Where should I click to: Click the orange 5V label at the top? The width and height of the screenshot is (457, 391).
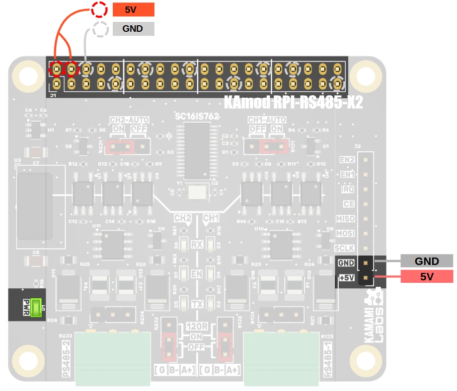pos(133,9)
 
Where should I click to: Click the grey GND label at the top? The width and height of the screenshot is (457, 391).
pos(133,29)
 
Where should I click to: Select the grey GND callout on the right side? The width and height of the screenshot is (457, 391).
pos(427,261)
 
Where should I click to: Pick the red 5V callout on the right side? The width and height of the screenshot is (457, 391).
pos(427,277)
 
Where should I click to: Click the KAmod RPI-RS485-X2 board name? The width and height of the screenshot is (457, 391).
pos(293,102)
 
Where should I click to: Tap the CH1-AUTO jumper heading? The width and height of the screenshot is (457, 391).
pos(267,120)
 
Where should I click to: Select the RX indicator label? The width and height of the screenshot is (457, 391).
pos(197,244)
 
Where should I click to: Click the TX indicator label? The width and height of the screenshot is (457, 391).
pos(197,304)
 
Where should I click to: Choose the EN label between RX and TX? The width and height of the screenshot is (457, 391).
pos(197,273)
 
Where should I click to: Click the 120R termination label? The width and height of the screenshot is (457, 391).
pos(197,327)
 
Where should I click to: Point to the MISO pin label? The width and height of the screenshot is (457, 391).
pos(346,219)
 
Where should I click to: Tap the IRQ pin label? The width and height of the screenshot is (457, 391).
pos(348,190)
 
